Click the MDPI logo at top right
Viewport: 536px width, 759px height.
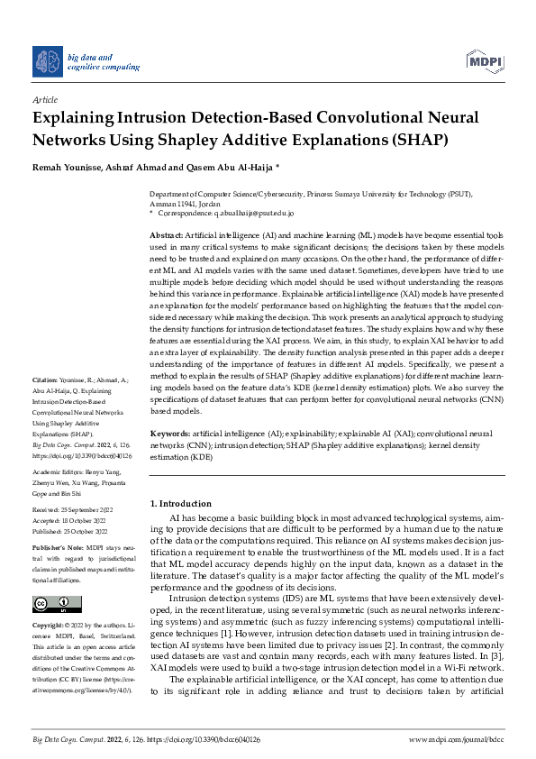(x=485, y=61)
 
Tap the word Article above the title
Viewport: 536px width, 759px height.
(x=44, y=100)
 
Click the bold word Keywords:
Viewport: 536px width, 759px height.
(x=169, y=434)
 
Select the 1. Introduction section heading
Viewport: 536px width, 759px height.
(x=181, y=503)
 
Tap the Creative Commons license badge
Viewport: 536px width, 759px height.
(x=51, y=603)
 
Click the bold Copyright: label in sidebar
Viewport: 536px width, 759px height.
(x=47, y=625)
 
